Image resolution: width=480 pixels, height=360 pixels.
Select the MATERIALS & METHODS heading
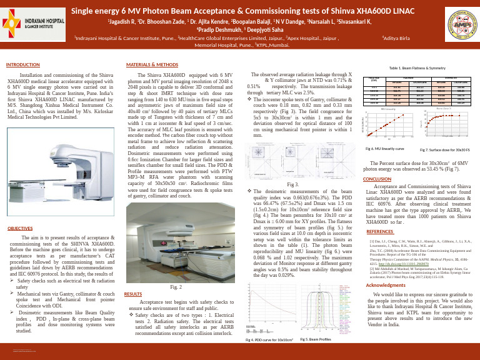tap(152, 64)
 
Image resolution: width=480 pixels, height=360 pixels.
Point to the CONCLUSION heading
tap(378, 178)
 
